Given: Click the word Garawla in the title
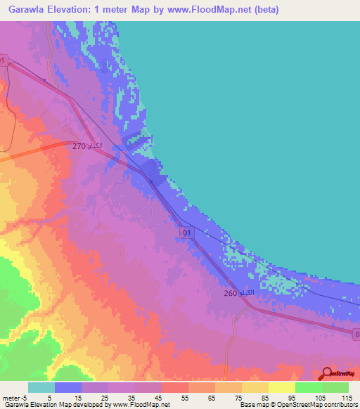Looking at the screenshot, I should pyautogui.click(x=31, y=10).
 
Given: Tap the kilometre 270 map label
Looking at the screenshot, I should pyautogui.click(x=88, y=145).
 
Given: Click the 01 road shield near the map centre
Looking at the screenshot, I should pyautogui.click(x=186, y=232).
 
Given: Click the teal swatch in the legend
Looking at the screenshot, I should pyautogui.click(x=41, y=387).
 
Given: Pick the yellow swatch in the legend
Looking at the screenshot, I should pyautogui.click(x=281, y=387).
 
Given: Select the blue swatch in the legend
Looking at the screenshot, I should pyautogui.click(x=68, y=387).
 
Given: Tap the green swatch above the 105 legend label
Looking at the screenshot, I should pyautogui.click(x=308, y=387).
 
